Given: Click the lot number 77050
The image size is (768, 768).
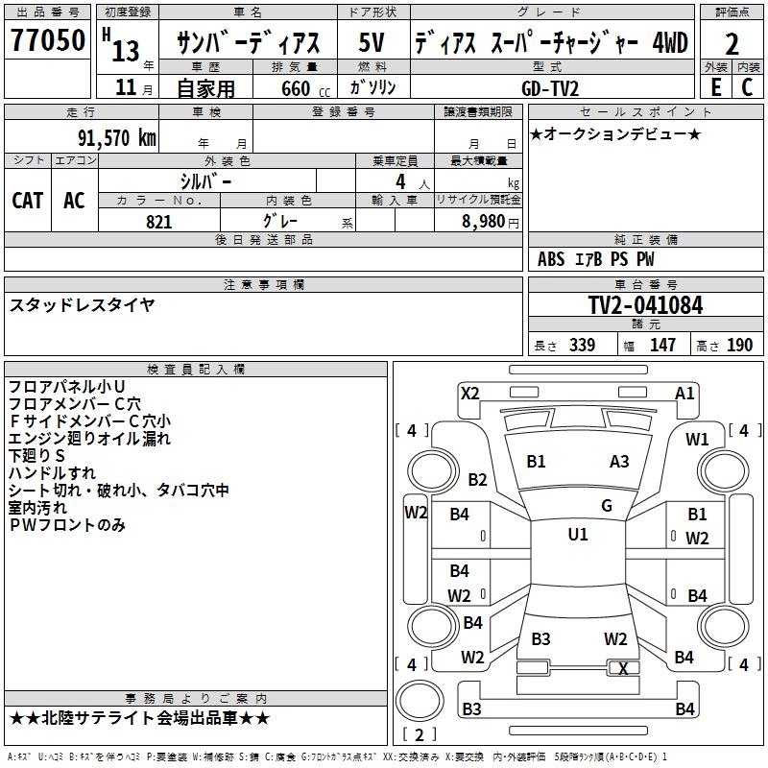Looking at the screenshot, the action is click(x=48, y=40).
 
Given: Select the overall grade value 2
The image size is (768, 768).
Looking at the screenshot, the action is click(x=732, y=44).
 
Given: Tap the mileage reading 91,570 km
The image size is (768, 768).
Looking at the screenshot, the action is click(x=116, y=138).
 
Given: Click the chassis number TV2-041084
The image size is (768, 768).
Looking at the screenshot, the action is click(x=645, y=305).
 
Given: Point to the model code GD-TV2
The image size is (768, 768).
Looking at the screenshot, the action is click(x=550, y=88).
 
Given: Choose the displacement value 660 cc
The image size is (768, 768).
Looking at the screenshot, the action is click(x=305, y=89).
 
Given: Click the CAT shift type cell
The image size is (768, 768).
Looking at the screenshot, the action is click(x=28, y=201).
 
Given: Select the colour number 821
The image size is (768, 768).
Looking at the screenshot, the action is click(x=158, y=222).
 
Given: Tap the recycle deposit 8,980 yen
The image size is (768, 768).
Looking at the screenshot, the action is click(x=491, y=222).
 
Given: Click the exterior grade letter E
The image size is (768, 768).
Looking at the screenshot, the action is click(x=715, y=87).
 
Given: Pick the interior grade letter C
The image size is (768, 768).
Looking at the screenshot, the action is click(x=748, y=87).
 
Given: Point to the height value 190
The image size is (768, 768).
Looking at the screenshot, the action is click(x=739, y=345).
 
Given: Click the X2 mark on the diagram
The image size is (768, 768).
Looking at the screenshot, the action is click(x=469, y=394).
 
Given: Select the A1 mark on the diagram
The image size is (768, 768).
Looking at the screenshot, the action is click(x=684, y=394).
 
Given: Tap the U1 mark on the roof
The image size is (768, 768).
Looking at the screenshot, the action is click(x=578, y=534).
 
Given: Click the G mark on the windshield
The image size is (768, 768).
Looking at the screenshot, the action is click(x=607, y=506).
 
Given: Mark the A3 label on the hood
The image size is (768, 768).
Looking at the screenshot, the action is click(x=619, y=462).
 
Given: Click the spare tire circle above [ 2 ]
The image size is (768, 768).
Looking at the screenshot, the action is click(x=420, y=701).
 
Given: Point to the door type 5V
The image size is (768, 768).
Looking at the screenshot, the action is click(x=372, y=42).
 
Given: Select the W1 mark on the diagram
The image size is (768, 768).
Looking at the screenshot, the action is click(x=697, y=440).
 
